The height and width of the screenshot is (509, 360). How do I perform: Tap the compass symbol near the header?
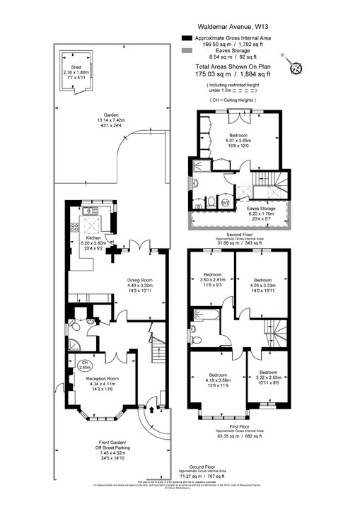point(296,67)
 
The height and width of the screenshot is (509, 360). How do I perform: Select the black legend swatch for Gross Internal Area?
point(186,37)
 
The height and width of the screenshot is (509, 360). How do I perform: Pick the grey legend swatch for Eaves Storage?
point(186,52)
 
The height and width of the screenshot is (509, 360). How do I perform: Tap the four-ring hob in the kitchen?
point(74,228)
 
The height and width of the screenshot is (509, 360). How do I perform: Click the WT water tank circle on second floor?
point(226,203)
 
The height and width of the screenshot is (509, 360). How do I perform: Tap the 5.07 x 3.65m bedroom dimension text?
point(238,144)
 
